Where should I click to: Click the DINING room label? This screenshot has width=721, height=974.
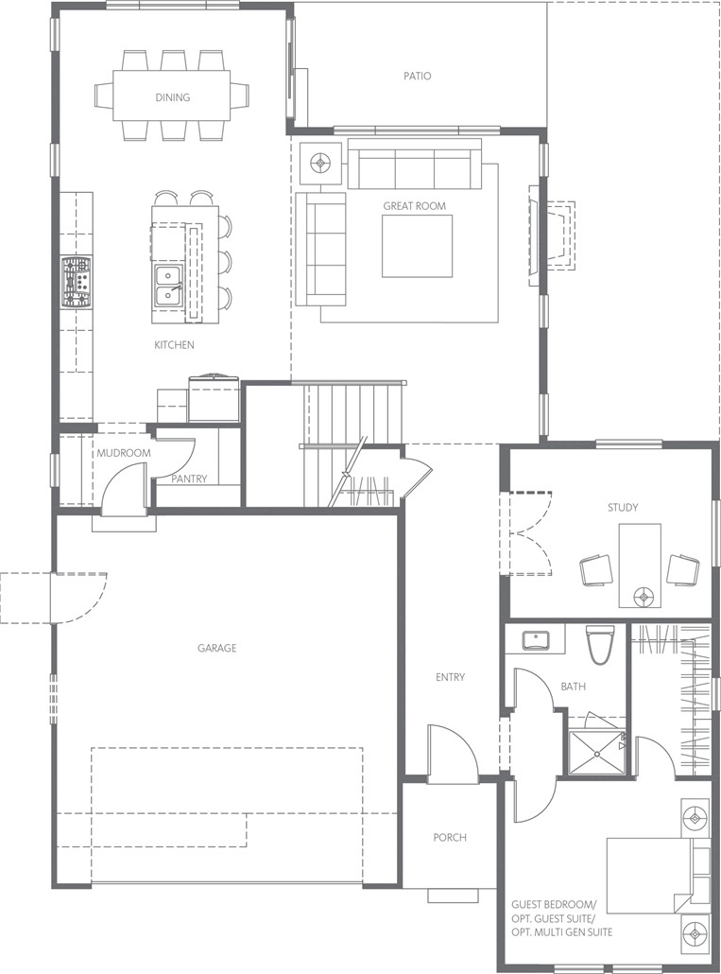173,97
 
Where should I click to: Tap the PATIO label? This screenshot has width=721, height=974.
417,77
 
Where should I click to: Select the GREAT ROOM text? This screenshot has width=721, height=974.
415,206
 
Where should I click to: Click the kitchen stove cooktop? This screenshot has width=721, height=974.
77,284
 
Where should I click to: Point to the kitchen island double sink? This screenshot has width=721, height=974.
168,286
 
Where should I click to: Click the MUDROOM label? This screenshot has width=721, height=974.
124,454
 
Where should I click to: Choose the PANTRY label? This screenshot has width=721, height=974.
189,478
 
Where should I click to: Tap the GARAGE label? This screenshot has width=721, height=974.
217,649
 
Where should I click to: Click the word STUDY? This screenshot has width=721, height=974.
623,508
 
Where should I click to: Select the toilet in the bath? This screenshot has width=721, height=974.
600,644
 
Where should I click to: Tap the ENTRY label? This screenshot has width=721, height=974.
450,678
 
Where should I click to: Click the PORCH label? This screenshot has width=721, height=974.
450,838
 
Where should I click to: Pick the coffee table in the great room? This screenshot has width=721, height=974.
417,246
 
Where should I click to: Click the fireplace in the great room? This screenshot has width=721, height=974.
552,235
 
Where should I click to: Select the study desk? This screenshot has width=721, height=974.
640,565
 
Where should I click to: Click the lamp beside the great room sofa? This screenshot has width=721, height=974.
320,164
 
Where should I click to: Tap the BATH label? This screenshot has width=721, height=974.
574,687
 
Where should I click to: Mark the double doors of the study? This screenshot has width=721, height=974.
526,533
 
